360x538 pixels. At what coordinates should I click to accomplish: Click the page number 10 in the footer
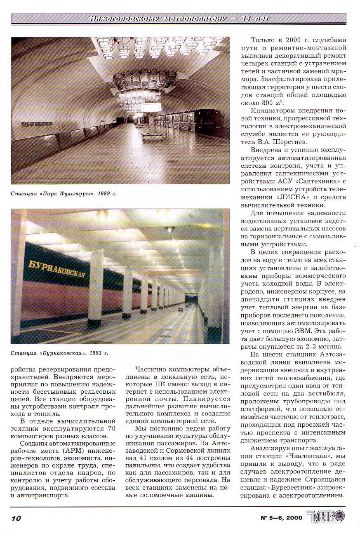(x=16, y=518)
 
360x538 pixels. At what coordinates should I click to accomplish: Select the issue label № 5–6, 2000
(x=281, y=518)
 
